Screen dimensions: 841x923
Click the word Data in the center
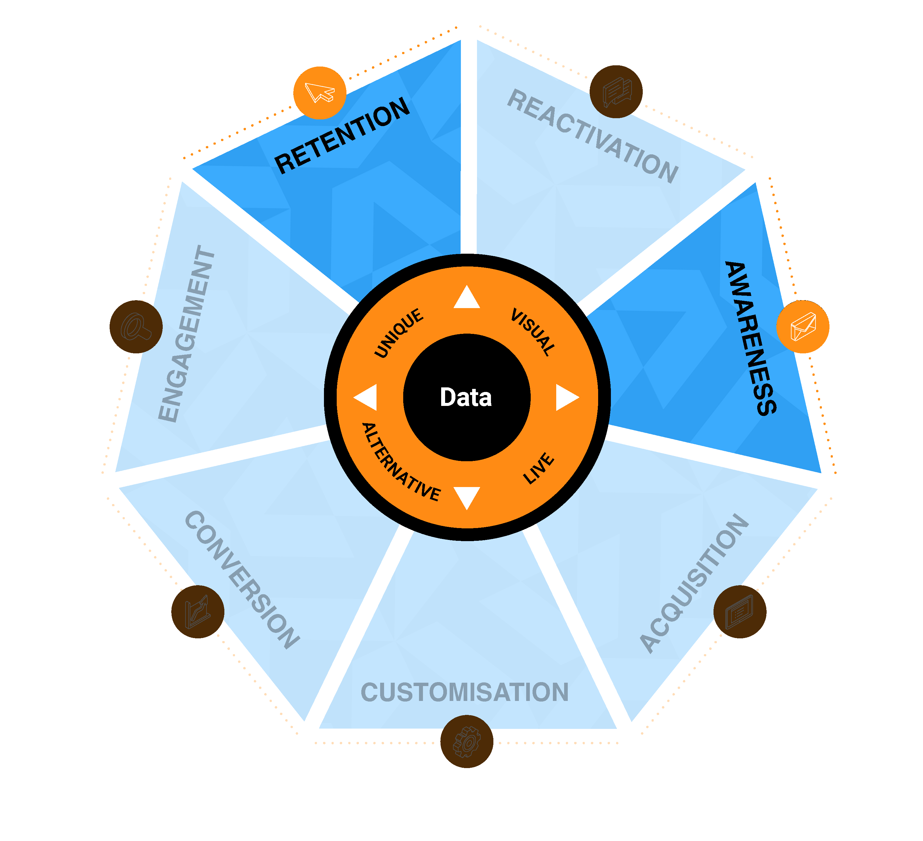[466, 397]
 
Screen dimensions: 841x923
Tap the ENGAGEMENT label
[186, 334]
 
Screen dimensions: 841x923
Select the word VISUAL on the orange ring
[533, 332]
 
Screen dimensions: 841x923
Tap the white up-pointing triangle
[467, 298]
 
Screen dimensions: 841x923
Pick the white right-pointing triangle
[566, 397]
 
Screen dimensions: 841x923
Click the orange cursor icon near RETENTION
[320, 93]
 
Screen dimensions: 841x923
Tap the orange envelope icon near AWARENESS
[802, 327]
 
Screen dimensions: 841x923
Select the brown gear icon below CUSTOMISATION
[467, 741]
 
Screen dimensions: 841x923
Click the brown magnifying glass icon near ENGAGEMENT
[136, 327]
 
